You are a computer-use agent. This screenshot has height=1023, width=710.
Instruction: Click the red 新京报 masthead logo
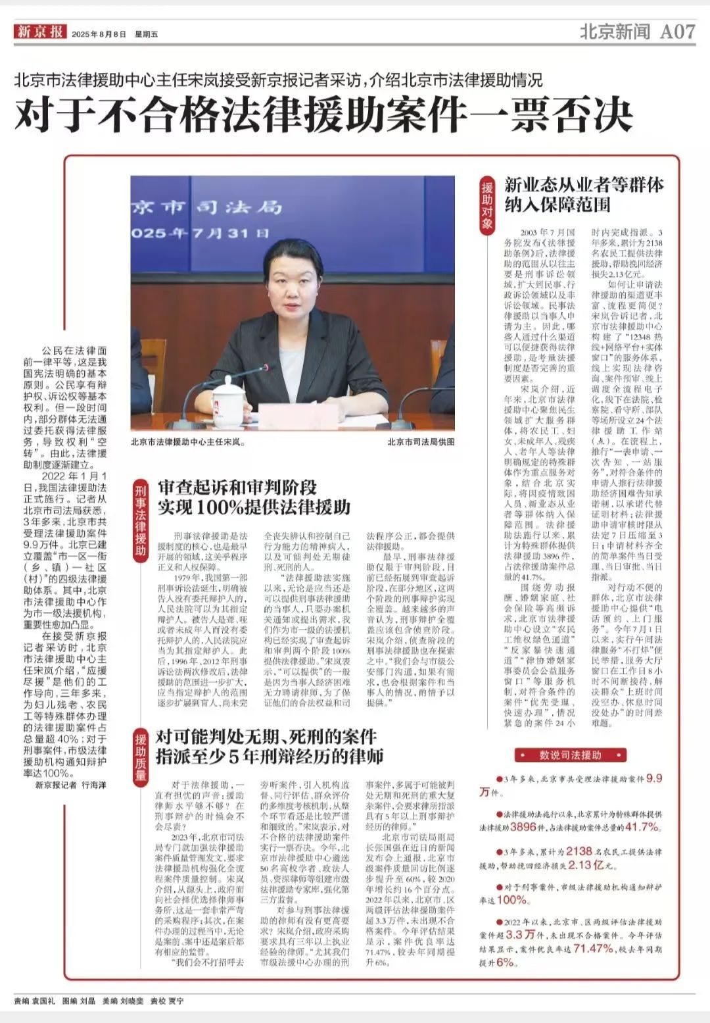coord(41,32)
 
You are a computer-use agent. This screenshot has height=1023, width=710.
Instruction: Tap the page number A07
coord(676,31)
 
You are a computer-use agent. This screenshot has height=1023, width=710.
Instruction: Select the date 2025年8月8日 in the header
coord(99,34)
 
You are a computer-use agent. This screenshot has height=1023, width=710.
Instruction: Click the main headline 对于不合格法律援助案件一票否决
coord(323,114)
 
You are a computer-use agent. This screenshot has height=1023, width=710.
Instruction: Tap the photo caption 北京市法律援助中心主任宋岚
coord(188,443)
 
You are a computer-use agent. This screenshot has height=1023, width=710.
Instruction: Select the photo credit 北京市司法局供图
coord(421,443)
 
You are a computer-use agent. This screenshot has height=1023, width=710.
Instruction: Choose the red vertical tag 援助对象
coord(487,205)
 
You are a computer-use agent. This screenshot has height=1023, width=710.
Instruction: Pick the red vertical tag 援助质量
coord(141,757)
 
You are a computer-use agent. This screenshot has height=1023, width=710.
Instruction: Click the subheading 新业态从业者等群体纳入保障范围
coord(584,195)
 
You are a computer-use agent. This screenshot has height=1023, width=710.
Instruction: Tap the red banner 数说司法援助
coord(571,755)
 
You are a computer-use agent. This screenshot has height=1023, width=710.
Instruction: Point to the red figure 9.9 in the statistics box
coord(654,779)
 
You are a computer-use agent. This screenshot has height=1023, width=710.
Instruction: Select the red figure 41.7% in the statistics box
coord(642,827)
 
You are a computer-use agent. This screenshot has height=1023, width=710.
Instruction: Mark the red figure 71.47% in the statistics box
coord(593,949)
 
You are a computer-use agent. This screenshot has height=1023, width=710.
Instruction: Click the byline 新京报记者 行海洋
coord(71,786)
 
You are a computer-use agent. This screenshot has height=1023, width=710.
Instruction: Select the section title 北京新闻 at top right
coord(614,32)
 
